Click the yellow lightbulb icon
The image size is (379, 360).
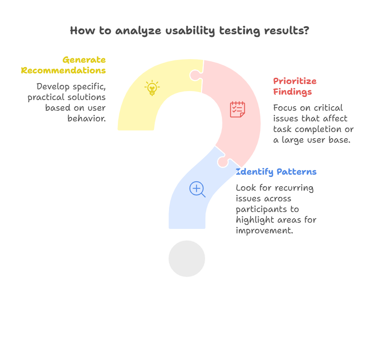(x=152, y=88)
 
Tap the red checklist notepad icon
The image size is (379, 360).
(x=237, y=109)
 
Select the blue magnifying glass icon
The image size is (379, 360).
(x=197, y=189)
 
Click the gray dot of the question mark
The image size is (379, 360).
(x=187, y=258)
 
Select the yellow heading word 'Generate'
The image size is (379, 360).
(x=84, y=60)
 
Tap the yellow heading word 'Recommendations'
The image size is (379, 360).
(x=63, y=71)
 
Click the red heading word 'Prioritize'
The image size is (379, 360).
(x=294, y=81)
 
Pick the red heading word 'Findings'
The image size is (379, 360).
(x=292, y=92)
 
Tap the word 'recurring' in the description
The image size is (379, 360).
(x=295, y=188)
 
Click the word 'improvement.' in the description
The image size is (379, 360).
(x=264, y=231)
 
